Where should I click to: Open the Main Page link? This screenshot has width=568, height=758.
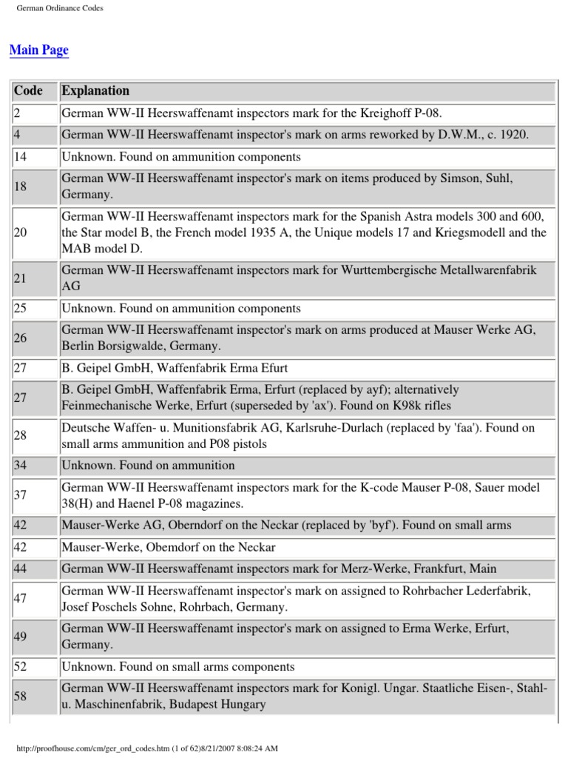click(x=38, y=50)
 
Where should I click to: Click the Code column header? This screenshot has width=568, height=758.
click(x=29, y=91)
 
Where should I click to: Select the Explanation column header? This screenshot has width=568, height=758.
click(x=95, y=91)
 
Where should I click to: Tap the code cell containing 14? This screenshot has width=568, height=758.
click(x=21, y=157)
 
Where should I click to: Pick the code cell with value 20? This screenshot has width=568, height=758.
click(x=21, y=232)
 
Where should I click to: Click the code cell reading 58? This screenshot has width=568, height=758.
click(x=21, y=697)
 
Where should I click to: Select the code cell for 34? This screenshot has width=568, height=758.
click(x=21, y=466)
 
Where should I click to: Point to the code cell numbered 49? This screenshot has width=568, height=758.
click(x=21, y=636)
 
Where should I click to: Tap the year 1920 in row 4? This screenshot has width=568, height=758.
click(x=512, y=135)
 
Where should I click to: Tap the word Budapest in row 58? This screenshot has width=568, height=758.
click(x=199, y=705)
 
